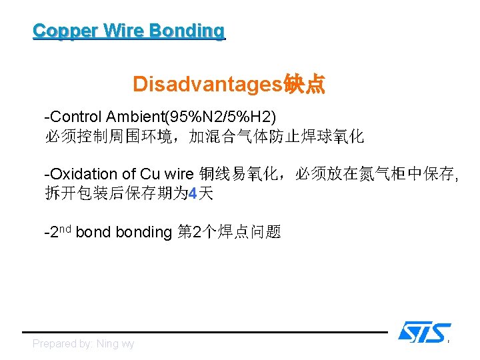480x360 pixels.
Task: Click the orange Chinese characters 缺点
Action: [x=305, y=84]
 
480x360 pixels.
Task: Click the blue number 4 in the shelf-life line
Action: [x=193, y=194]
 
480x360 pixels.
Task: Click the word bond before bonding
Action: [x=93, y=232]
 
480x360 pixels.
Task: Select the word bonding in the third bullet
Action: [x=143, y=232]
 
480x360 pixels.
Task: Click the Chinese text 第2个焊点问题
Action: [x=229, y=232]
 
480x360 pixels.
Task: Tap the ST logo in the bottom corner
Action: [x=424, y=332]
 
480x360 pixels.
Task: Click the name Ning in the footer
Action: [x=108, y=344]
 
